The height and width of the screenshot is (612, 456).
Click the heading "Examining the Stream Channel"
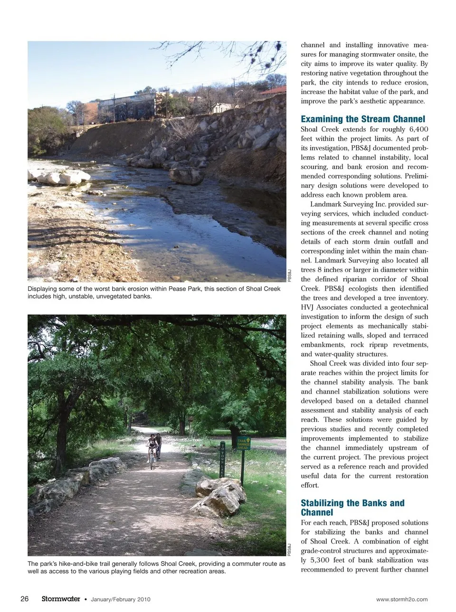363,119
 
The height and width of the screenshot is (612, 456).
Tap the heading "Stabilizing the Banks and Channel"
352,508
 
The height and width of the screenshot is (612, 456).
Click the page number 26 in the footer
25,599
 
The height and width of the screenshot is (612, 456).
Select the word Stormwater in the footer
61,599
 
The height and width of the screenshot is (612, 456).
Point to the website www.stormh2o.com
401,599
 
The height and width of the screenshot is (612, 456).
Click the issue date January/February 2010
120,599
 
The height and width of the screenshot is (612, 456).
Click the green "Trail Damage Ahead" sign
243,443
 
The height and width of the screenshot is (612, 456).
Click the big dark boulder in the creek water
186,175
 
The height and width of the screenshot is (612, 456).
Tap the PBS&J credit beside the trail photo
289,550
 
